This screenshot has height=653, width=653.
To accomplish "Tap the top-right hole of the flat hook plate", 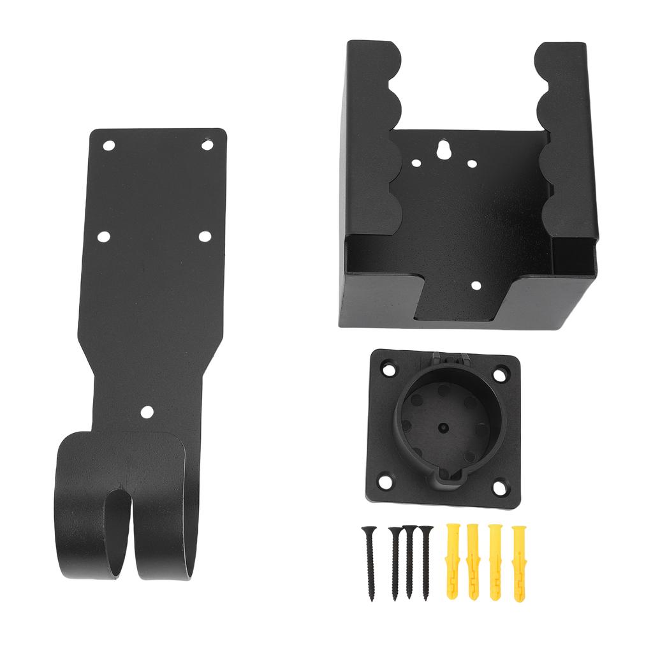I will tap(207, 145).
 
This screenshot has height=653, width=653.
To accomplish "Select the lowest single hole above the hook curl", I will tap(147, 412).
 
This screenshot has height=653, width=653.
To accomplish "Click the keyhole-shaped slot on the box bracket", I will tap(443, 150).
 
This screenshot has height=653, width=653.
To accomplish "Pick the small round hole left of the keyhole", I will tap(416, 163).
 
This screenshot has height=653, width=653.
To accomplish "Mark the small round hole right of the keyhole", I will tap(471, 163).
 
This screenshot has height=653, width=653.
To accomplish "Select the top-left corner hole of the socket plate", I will tap(387, 369).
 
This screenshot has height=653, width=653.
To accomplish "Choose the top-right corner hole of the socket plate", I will tap(501, 371).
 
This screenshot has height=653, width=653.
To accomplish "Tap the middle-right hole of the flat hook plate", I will tap(204, 237).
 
